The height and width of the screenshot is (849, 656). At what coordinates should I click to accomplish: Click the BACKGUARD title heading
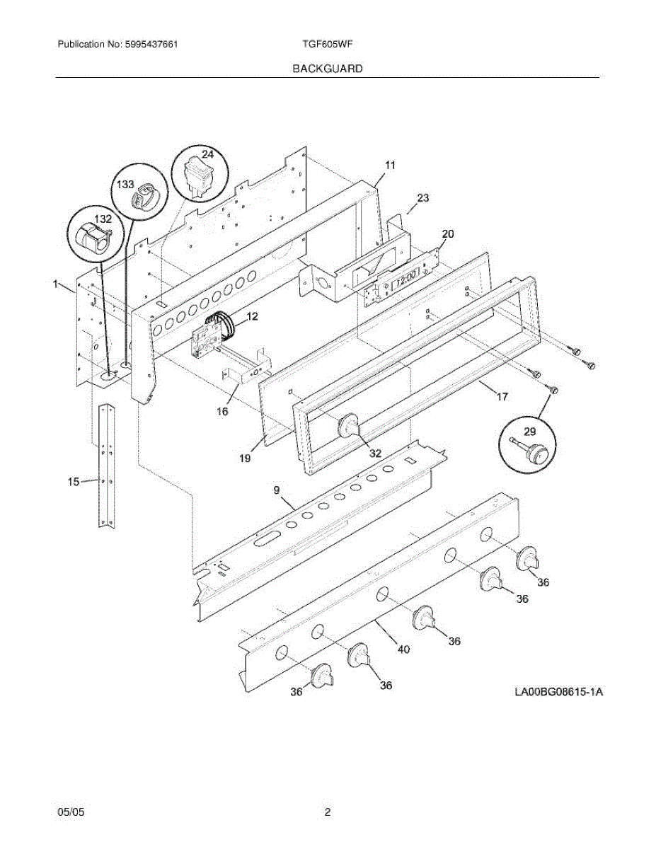coord(327,69)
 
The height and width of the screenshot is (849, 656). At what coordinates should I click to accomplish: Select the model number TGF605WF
coord(327,44)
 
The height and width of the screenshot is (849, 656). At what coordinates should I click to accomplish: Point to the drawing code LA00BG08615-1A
coord(558,691)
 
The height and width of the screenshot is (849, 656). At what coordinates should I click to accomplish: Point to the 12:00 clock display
coord(405,279)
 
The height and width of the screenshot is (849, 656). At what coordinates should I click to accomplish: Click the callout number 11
coord(390,165)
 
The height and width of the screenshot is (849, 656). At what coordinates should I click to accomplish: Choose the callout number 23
coord(422,198)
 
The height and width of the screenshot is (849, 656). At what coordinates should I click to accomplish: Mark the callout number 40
coord(403,648)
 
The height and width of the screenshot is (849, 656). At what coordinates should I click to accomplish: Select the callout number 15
coord(73,482)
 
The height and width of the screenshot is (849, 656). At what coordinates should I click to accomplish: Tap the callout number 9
coord(276,490)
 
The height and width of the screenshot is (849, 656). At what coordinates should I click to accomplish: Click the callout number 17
coord(502,397)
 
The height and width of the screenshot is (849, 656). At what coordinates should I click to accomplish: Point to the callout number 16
coord(222,410)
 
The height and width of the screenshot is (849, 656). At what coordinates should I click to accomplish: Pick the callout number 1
coord(54,284)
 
